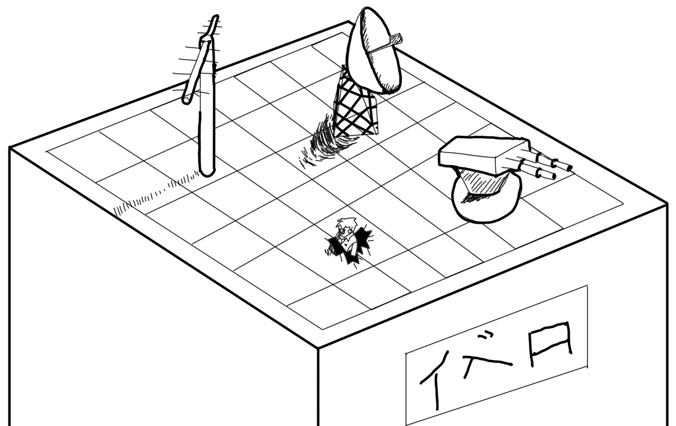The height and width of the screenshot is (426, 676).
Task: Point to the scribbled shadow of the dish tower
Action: (324, 141)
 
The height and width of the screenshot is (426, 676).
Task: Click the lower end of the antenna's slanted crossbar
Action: (186, 100)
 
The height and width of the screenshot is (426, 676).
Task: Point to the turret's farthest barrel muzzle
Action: (570, 167)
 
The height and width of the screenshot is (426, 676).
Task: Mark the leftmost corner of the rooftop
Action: (10, 148)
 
